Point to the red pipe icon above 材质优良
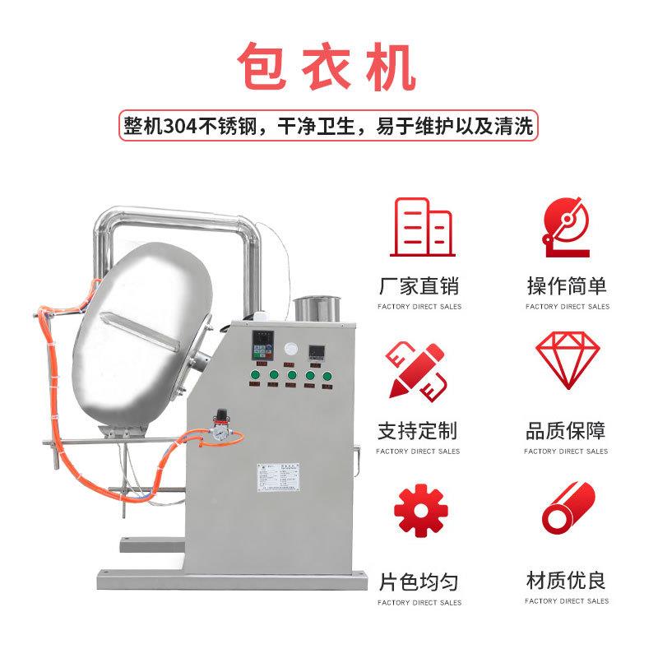click(x=567, y=511)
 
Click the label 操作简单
click(x=567, y=286)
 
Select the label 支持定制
click(x=419, y=430)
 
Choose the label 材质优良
click(x=567, y=581)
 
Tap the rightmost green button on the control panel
click(x=327, y=378)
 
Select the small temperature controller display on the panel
click(x=317, y=354)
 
